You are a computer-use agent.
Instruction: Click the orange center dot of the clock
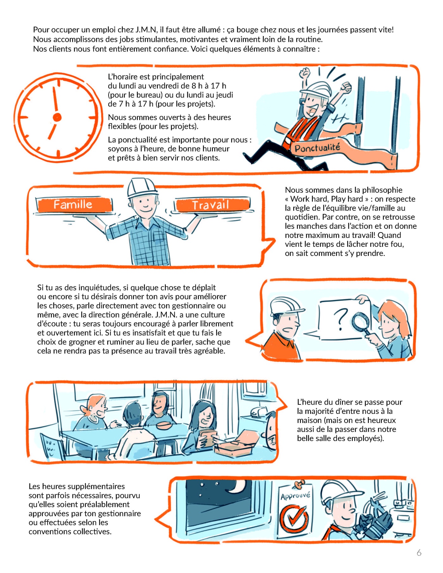pyautogui.click(x=57, y=117)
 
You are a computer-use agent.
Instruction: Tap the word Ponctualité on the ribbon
pyautogui.click(x=317, y=147)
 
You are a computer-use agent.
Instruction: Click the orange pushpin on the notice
pyautogui.click(x=299, y=483)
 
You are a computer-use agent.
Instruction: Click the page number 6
pyautogui.click(x=419, y=553)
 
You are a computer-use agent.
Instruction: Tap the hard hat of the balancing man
pyautogui.click(x=142, y=187)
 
